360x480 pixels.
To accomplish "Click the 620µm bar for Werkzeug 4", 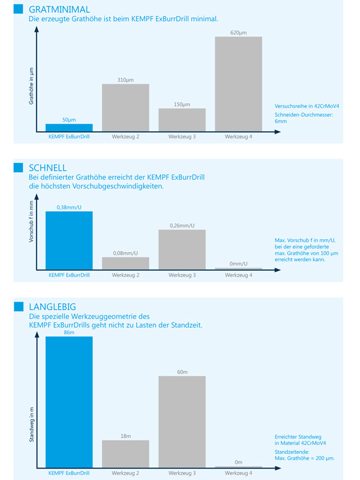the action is pos(238,84).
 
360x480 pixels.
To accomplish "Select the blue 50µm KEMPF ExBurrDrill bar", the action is pos(69,128).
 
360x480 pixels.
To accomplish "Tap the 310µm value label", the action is pos(125,80).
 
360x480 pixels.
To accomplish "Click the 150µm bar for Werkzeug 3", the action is pos(182,120).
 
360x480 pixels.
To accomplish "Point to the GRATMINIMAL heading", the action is pos(59,10).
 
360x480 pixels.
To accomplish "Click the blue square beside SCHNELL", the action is pos(19,167).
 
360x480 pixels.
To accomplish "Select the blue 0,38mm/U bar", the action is pos(69,241).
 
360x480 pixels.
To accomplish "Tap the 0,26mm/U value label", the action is pos(182,226).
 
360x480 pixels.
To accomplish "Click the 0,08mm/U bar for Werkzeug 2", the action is pos(125,263).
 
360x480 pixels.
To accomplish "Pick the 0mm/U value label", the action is pos(238,264).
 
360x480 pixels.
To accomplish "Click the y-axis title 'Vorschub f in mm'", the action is pos(31,221).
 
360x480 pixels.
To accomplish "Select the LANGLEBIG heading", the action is pos(52,307).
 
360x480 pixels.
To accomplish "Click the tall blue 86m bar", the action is pos(69,402).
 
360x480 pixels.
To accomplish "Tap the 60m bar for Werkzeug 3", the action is pos(182,422).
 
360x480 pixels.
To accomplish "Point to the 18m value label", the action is pos(125,436).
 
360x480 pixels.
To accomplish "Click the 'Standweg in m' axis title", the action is pos(32,425).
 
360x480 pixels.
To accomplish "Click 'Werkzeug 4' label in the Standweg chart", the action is pos(238,473).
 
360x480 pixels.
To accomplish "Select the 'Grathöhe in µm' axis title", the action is pos(31,86).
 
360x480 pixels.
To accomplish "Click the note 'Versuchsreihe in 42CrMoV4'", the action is pos(307,106).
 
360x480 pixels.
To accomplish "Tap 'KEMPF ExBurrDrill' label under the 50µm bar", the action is pos(69,137).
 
